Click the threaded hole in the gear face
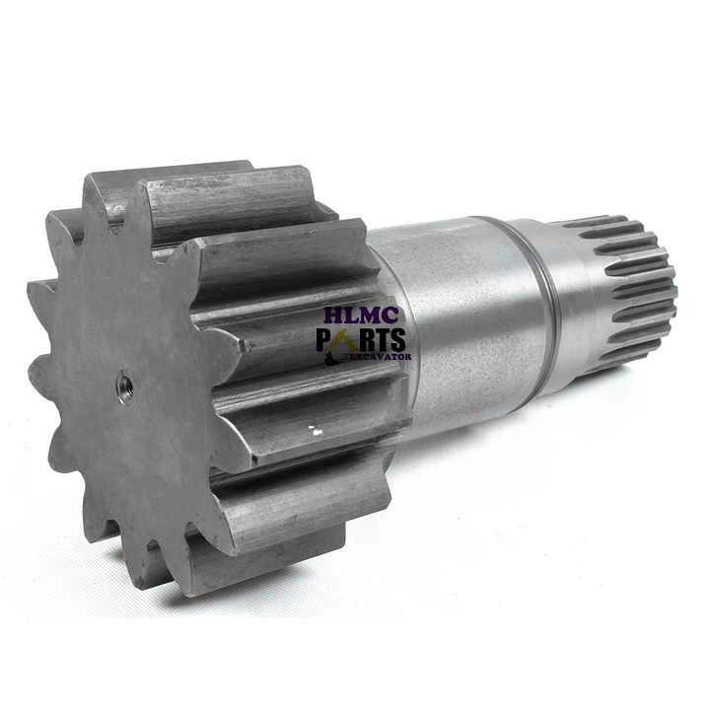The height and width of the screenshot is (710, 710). [x=124, y=386]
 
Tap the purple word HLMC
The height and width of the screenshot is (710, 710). [x=361, y=316]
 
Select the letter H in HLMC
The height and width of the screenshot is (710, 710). [x=334, y=316]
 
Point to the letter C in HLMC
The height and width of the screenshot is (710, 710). [x=390, y=316]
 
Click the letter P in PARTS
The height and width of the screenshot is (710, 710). [x=323, y=340]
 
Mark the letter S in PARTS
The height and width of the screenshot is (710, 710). [x=397, y=340]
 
